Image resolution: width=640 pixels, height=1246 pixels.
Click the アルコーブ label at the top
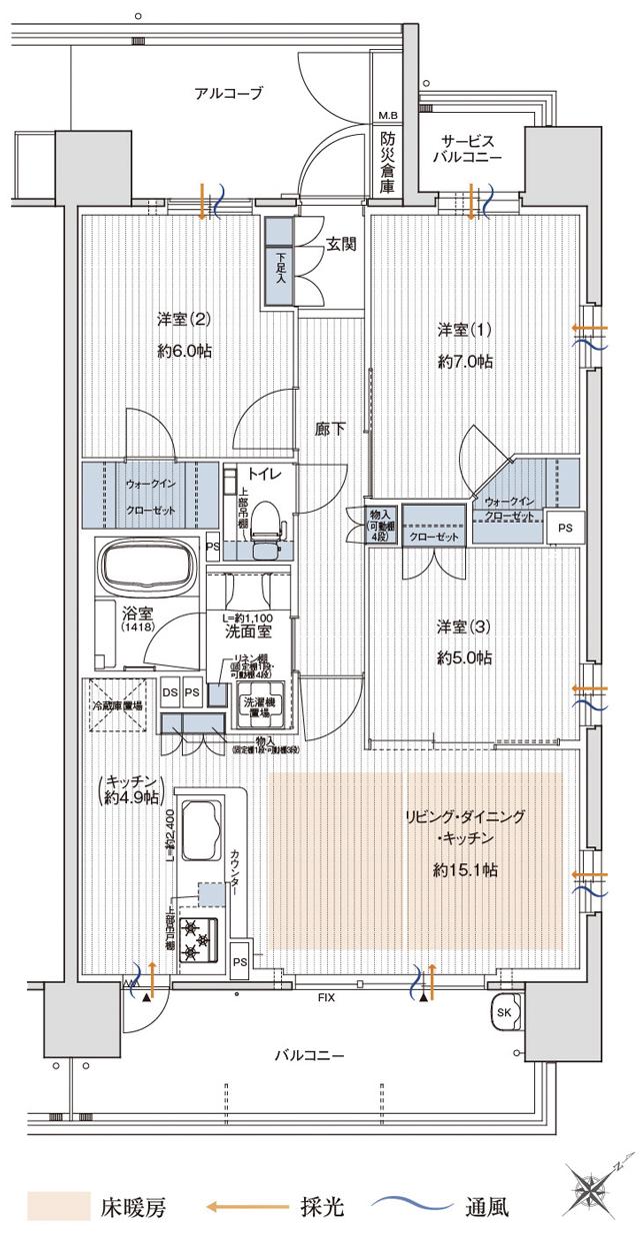point(228,94)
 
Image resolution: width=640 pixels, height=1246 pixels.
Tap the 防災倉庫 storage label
point(386,158)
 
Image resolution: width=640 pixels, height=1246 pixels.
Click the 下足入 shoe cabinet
point(279,264)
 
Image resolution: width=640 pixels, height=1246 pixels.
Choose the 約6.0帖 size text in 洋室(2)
point(184,351)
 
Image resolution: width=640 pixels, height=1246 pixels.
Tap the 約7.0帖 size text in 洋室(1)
point(464,361)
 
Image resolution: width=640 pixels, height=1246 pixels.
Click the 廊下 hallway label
point(330,429)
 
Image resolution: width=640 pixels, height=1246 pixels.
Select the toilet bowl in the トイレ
point(265,524)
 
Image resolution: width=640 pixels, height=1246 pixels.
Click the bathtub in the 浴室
point(149,567)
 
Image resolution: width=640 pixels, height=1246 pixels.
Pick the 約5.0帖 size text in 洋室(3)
point(464,657)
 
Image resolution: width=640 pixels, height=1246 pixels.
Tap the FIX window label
point(326,998)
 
